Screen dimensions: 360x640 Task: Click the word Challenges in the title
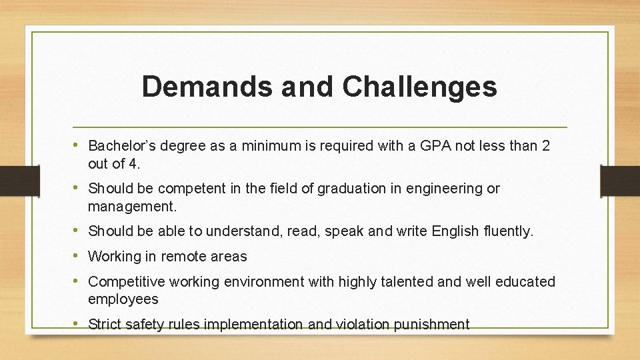pos(420,87)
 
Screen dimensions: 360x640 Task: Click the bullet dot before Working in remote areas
pos(79,256)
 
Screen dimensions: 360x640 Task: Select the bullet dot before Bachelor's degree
pos(79,145)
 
